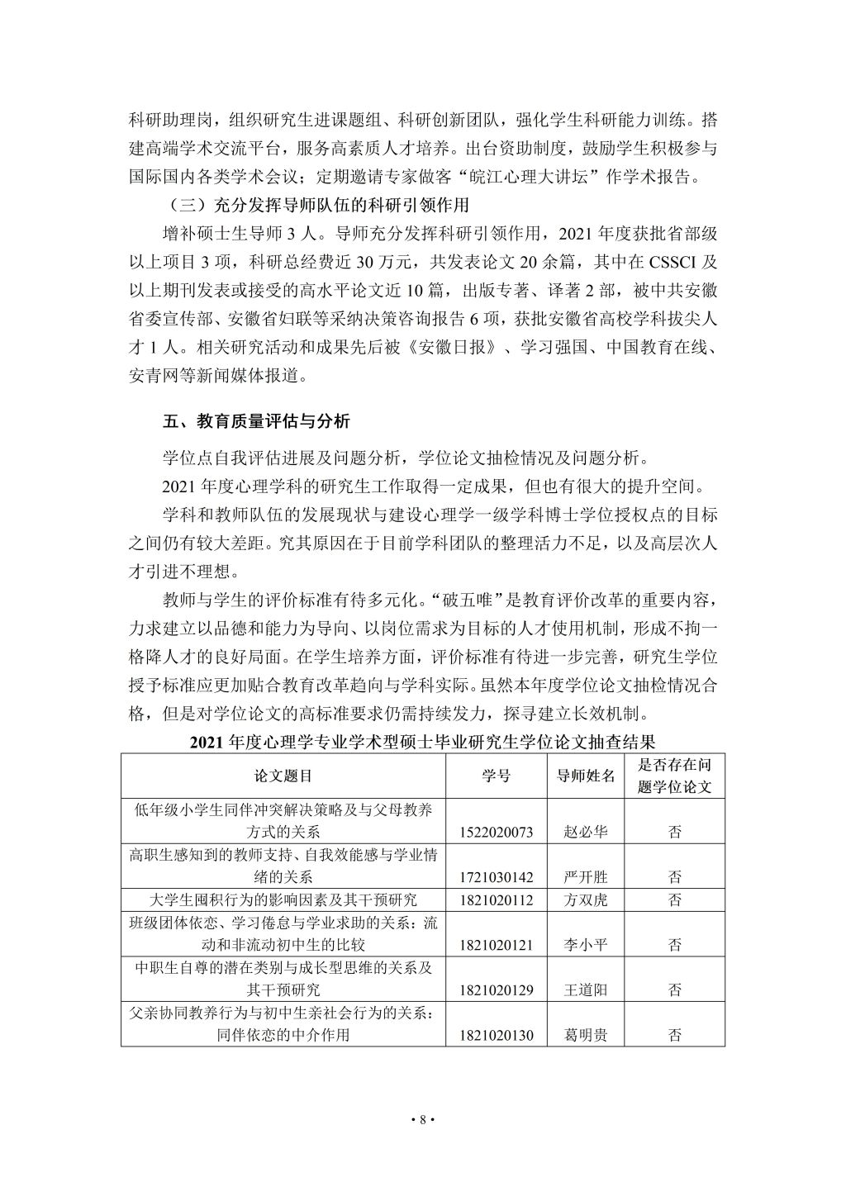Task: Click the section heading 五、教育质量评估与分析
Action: (256, 421)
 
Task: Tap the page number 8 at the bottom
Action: (422, 1120)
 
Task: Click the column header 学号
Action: (496, 776)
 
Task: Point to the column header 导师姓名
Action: (586, 776)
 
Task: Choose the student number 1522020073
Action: (496, 832)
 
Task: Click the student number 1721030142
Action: (496, 877)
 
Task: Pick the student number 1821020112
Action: (496, 899)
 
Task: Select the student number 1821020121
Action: (496, 944)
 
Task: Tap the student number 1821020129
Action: (496, 990)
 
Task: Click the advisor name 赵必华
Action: (586, 832)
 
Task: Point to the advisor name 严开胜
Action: (586, 877)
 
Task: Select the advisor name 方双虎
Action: (586, 899)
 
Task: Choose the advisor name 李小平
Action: (586, 944)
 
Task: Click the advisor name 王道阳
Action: (586, 990)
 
